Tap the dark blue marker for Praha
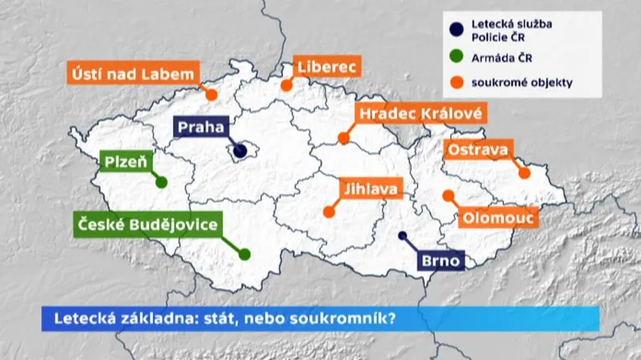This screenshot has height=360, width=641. coord(240,150)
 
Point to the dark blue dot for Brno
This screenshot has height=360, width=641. coord(402,236)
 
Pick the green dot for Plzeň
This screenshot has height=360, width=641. coord(161,182)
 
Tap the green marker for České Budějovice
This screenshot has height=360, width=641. coord(244,254)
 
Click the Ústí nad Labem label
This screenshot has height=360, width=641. coord(131,74)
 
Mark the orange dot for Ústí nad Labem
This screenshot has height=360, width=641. coord(212,95)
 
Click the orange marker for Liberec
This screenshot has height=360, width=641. coord(286,85)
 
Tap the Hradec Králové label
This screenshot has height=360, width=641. coord(420,114)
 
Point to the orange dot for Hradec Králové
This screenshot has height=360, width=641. coord(344,138)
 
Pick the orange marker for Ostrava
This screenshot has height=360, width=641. coord(525,172)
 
